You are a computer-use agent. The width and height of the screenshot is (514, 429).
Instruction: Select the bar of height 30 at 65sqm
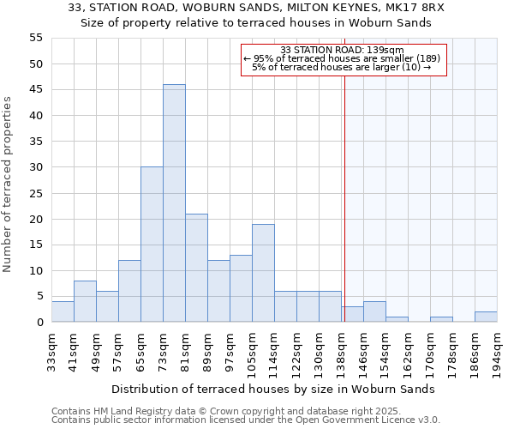point(152,245)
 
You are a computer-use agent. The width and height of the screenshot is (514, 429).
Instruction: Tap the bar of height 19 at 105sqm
point(263,273)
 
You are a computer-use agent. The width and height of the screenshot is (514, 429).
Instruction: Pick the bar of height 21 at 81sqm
point(196,268)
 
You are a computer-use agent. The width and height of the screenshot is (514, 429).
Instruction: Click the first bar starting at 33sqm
point(63,311)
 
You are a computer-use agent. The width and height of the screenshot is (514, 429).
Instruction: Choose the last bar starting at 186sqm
point(486,317)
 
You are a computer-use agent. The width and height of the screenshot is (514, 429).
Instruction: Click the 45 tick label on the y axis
point(35,90)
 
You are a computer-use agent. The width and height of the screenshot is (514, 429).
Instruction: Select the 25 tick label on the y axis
point(35,193)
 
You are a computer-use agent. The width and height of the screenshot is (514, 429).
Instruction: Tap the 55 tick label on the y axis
point(35,39)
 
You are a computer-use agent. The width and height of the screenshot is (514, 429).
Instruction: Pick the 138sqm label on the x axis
point(341,350)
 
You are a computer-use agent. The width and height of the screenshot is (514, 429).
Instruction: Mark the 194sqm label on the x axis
point(497,350)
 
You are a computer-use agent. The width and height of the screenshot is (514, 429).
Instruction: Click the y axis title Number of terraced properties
point(8,184)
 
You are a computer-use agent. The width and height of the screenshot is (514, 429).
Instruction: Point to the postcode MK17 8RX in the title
point(413,8)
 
